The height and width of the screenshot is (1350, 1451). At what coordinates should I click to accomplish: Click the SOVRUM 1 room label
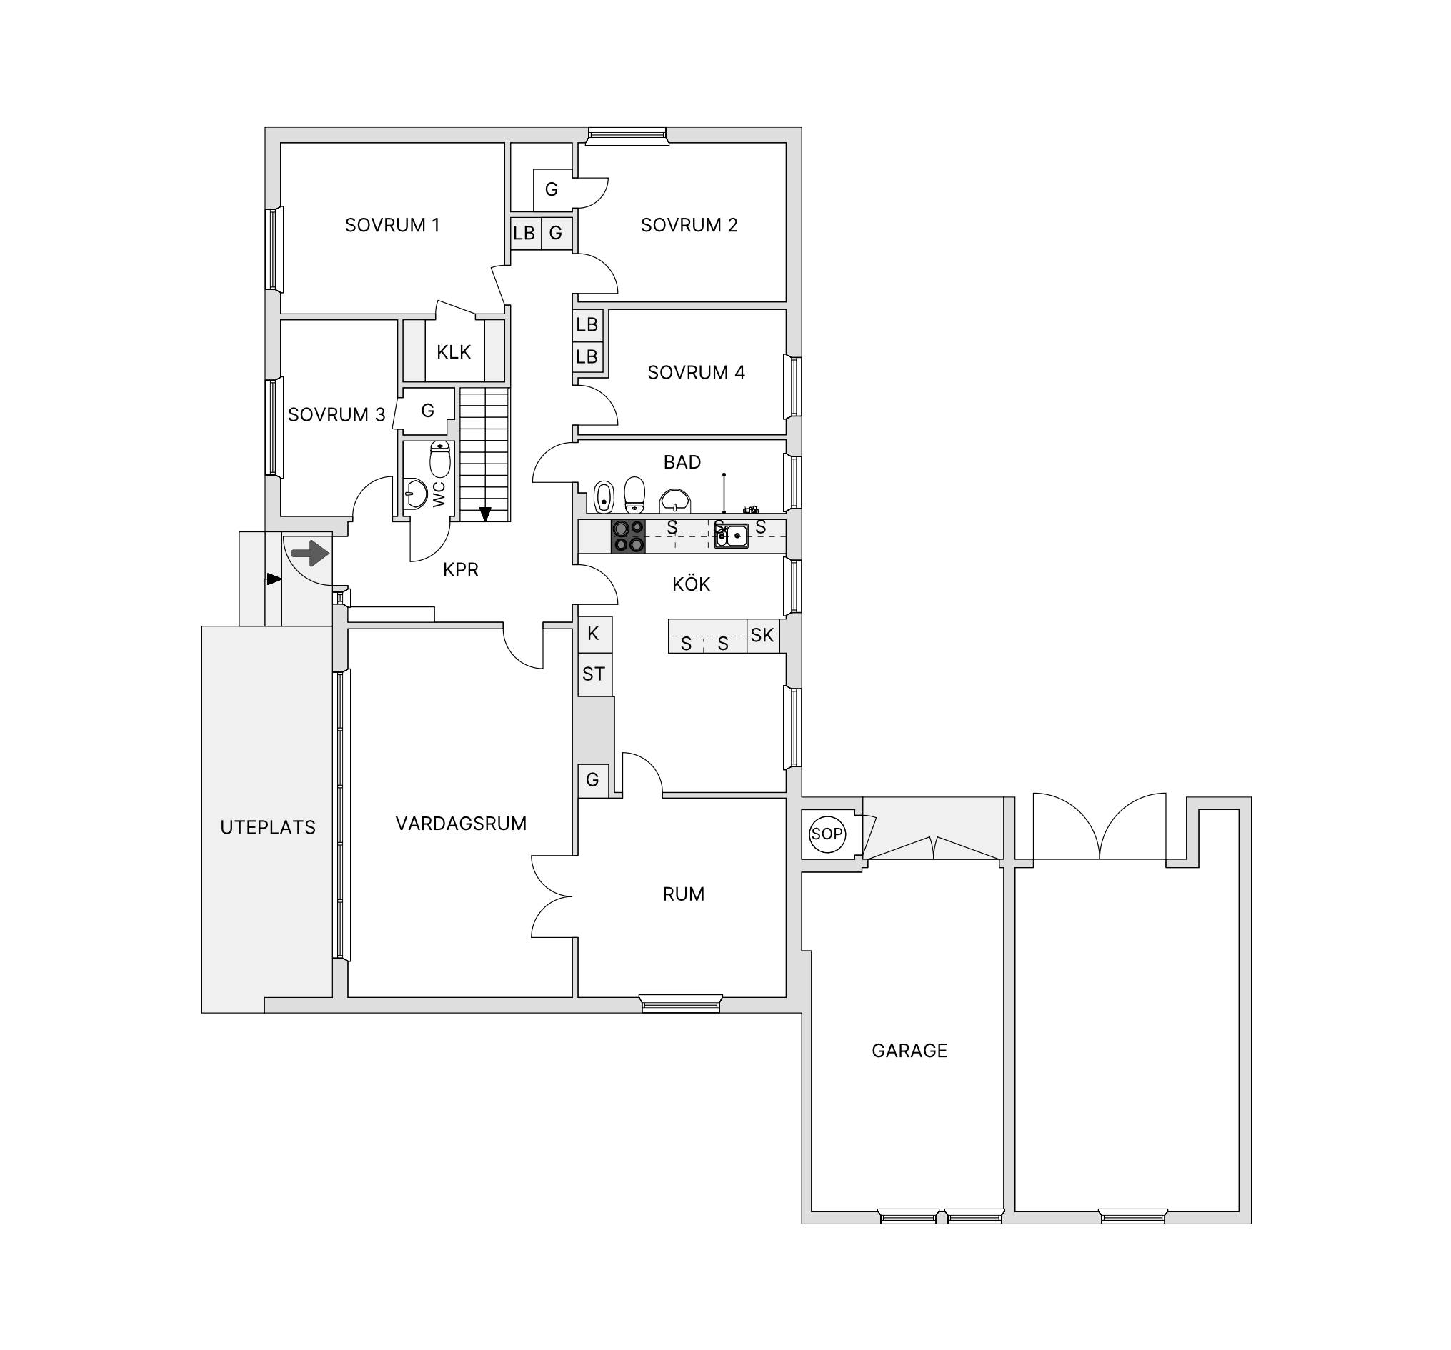[392, 225]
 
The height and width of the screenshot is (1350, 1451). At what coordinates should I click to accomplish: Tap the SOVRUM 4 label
[696, 372]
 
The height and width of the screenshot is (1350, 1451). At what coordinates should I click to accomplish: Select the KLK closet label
[453, 352]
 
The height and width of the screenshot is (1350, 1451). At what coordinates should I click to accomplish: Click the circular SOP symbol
[827, 834]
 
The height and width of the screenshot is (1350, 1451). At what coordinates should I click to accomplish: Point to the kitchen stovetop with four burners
[628, 536]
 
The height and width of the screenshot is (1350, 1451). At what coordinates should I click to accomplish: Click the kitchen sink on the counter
[732, 536]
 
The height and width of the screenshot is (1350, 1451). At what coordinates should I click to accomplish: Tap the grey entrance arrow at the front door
[310, 553]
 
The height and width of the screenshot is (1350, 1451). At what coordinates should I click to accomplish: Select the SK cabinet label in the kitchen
[762, 636]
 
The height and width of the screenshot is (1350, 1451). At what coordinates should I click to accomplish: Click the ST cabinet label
[594, 674]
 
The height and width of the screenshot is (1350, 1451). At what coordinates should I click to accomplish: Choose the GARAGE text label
[909, 1051]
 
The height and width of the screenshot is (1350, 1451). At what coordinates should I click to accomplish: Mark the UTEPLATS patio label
[268, 828]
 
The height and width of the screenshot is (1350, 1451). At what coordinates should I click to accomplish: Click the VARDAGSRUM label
[462, 824]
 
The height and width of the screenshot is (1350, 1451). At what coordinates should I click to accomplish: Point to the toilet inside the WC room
[440, 459]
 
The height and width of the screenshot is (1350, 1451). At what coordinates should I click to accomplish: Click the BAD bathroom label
[682, 462]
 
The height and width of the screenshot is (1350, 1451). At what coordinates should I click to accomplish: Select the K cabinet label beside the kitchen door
[594, 634]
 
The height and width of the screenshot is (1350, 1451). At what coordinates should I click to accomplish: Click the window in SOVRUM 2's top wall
[627, 136]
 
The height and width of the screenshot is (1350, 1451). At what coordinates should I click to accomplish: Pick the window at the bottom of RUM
[681, 1004]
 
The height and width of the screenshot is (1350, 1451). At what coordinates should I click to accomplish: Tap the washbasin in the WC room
[416, 493]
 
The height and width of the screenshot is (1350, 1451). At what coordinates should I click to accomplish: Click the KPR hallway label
[461, 570]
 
